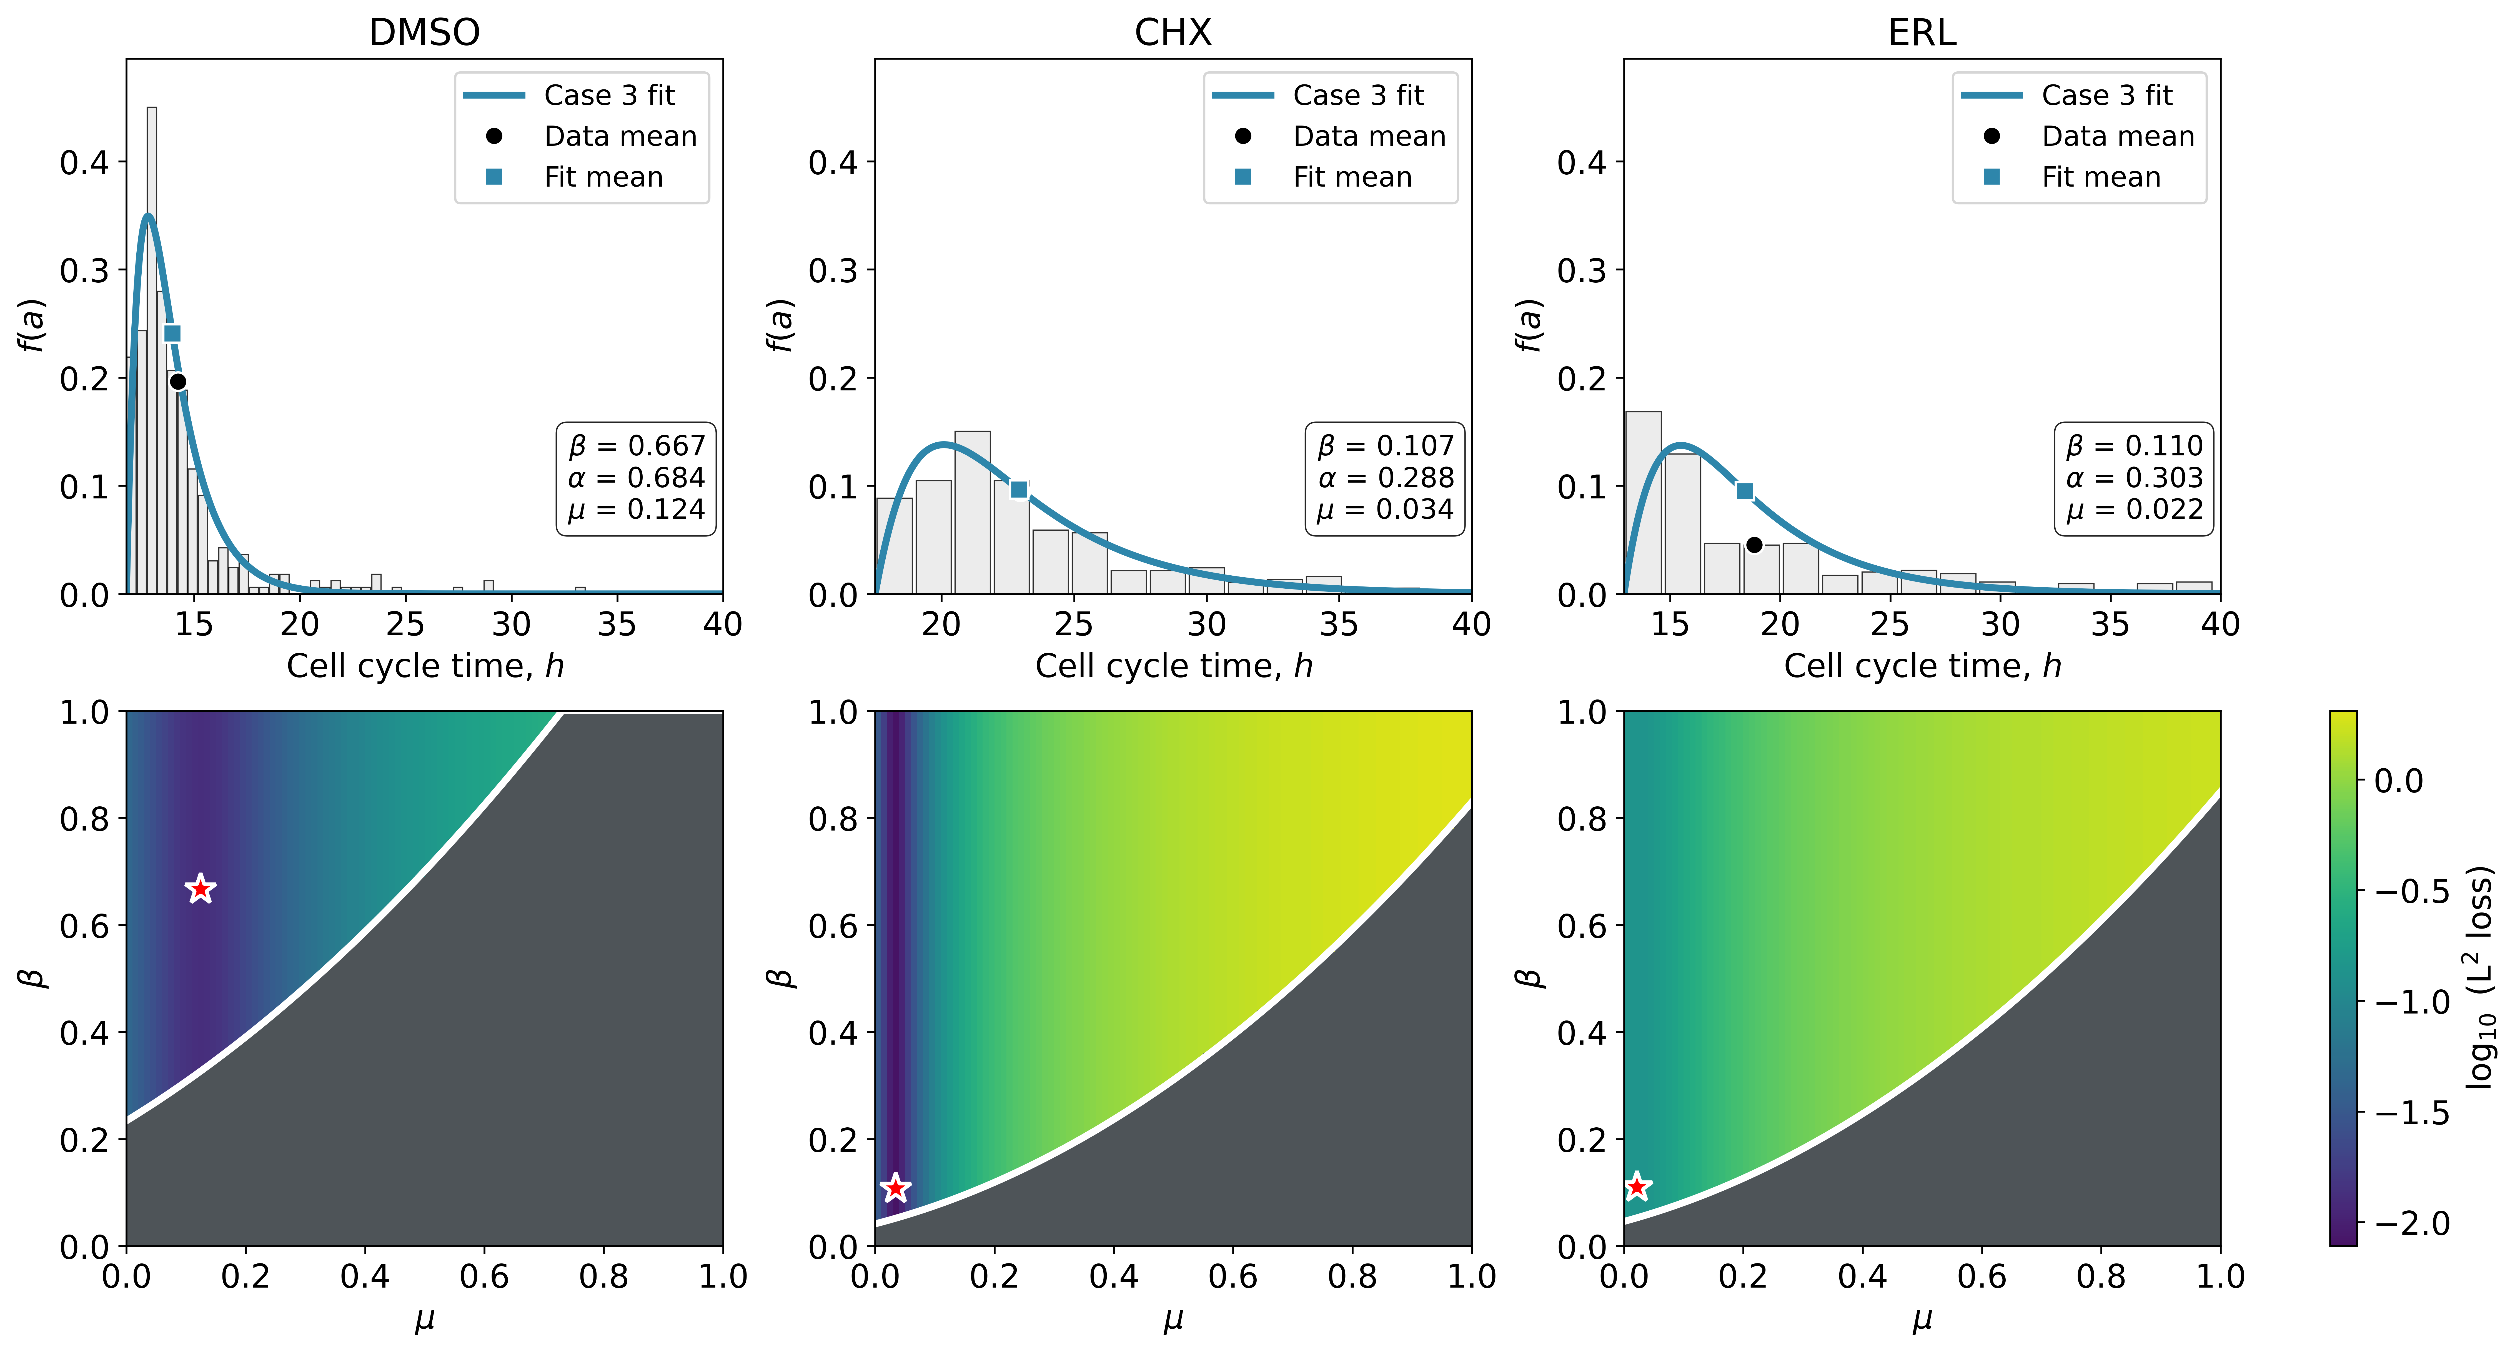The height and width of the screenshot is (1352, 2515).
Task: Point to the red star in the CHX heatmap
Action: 895,1188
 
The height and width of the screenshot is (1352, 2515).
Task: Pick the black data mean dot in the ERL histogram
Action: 1754,545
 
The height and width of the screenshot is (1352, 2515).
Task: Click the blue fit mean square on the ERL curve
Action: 1745,491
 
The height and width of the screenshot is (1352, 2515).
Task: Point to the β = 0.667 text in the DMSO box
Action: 637,446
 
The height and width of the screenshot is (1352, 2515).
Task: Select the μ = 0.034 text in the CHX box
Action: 1386,510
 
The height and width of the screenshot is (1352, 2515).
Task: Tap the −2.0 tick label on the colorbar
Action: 2409,1223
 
